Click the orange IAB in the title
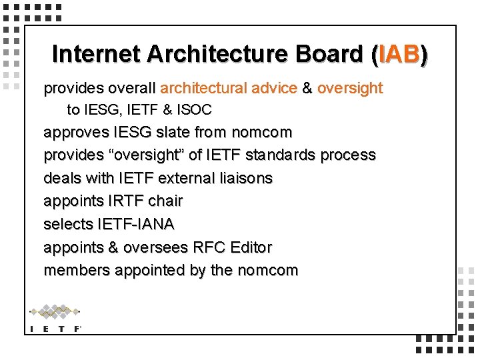pyautogui.click(x=399, y=55)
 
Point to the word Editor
pyautogui.click(x=251, y=247)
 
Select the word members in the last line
pyautogui.click(x=77, y=270)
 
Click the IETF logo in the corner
pyautogui.click(x=55, y=319)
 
